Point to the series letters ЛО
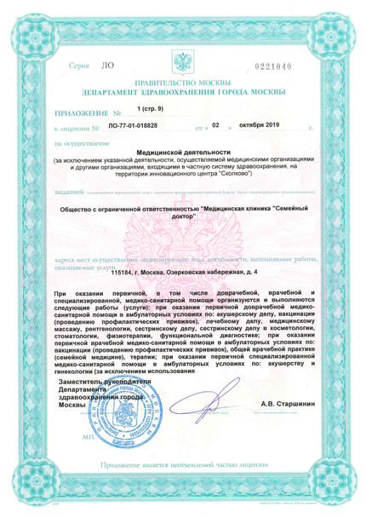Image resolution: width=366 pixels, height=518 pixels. (107, 65)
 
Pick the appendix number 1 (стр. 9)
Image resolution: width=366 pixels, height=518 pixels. (152, 110)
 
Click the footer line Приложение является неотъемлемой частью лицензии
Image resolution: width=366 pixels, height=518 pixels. (182, 486)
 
